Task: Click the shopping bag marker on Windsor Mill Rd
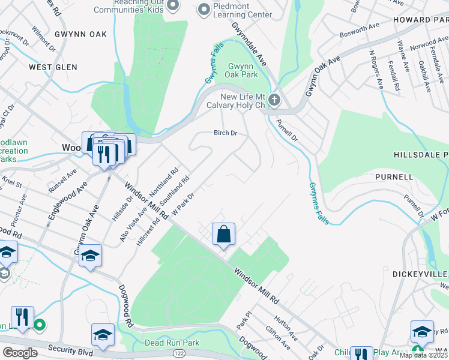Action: [223, 235]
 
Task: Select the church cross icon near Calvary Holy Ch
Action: [274, 100]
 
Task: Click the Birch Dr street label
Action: [225, 133]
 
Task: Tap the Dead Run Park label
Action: [172, 343]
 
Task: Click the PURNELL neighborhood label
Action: [394, 177]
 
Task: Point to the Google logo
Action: [19, 352]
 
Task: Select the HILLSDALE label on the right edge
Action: [421, 154]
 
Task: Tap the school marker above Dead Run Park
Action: [103, 335]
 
